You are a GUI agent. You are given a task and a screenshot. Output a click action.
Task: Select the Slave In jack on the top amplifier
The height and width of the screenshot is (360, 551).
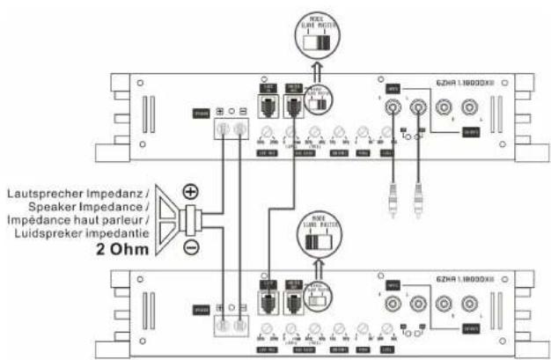coord(265,105)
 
